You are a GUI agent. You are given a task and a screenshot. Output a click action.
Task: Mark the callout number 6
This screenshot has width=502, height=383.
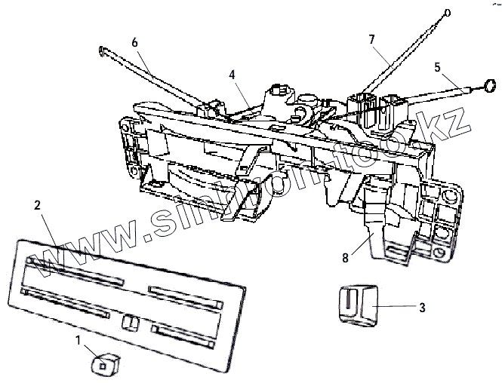click(x=134, y=43)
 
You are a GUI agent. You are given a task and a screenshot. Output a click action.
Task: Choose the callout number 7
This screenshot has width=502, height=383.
click(x=371, y=38)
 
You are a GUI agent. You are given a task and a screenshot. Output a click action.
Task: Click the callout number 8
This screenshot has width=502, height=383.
click(x=344, y=257)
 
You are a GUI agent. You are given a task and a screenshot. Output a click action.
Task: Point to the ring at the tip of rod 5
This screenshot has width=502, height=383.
click(x=488, y=85)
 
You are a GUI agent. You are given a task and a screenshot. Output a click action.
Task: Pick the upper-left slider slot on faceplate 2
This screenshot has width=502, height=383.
click(x=73, y=270)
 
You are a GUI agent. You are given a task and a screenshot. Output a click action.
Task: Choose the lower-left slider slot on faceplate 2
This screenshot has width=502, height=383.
click(x=66, y=301)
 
